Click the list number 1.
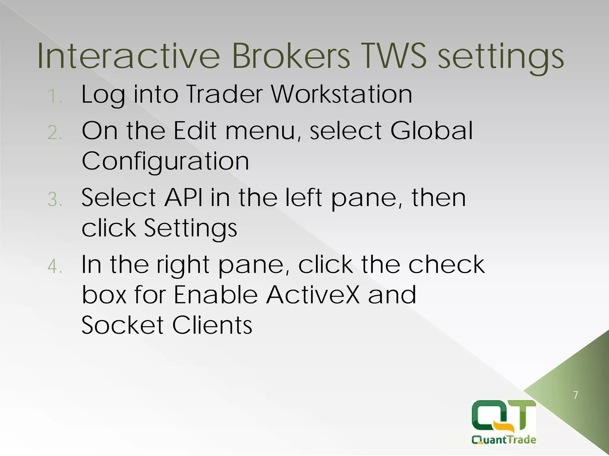54,96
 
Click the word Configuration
165,162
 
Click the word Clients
212,325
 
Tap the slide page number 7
576,395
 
